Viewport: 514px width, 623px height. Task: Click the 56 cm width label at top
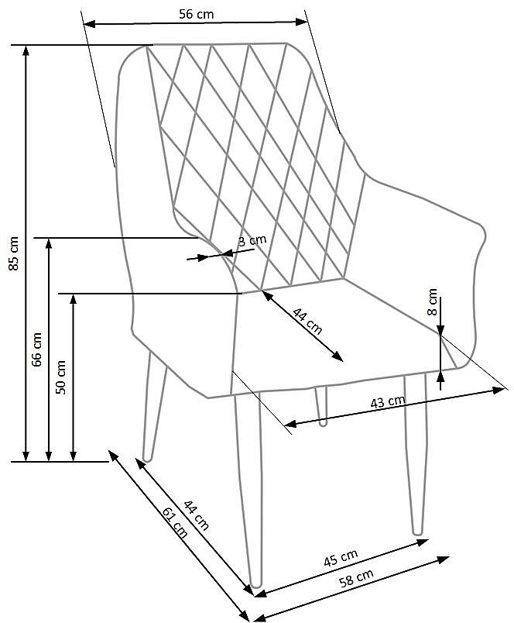point(196,14)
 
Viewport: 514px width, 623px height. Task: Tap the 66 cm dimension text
point(37,349)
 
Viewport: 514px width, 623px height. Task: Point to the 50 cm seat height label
point(61,377)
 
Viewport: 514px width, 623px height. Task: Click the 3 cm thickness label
point(252,241)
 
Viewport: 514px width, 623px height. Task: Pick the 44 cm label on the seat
point(307,320)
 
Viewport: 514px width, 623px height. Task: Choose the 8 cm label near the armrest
point(433,301)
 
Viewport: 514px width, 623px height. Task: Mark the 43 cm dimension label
point(388,402)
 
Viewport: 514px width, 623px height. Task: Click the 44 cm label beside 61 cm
point(196,514)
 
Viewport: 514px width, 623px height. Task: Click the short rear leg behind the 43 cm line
point(321,407)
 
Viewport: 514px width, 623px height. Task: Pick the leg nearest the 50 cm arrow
point(152,411)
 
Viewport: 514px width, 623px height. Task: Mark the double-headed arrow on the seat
point(303,325)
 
